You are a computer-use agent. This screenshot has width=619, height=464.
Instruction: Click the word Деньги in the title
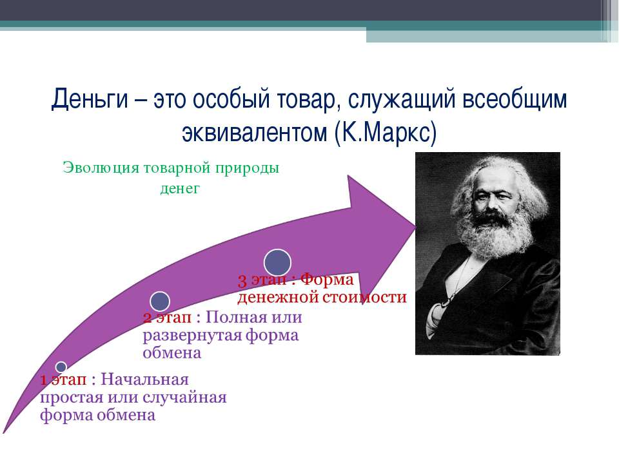(x=90, y=99)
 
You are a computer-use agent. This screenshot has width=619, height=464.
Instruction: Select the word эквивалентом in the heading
(x=254, y=133)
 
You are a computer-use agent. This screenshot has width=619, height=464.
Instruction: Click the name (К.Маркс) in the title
(x=386, y=133)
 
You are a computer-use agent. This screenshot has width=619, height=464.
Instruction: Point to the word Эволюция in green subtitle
(x=101, y=168)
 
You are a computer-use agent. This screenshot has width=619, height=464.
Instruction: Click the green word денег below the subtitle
(x=180, y=188)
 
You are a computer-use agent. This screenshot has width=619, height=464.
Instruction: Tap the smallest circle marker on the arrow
(x=61, y=367)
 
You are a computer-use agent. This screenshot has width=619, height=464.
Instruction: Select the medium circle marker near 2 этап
(x=160, y=302)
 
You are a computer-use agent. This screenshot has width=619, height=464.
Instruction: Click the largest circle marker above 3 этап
(x=277, y=262)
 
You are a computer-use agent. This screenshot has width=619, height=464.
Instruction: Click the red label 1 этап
(x=63, y=380)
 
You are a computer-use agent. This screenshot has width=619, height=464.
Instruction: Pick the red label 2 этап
(x=167, y=317)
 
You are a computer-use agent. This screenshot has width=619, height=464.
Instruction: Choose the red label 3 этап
(x=262, y=280)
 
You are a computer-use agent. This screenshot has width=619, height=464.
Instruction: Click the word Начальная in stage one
(x=145, y=380)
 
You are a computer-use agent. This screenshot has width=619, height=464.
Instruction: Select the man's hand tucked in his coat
(x=437, y=316)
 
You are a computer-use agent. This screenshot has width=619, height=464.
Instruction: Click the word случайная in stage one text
(x=184, y=398)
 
